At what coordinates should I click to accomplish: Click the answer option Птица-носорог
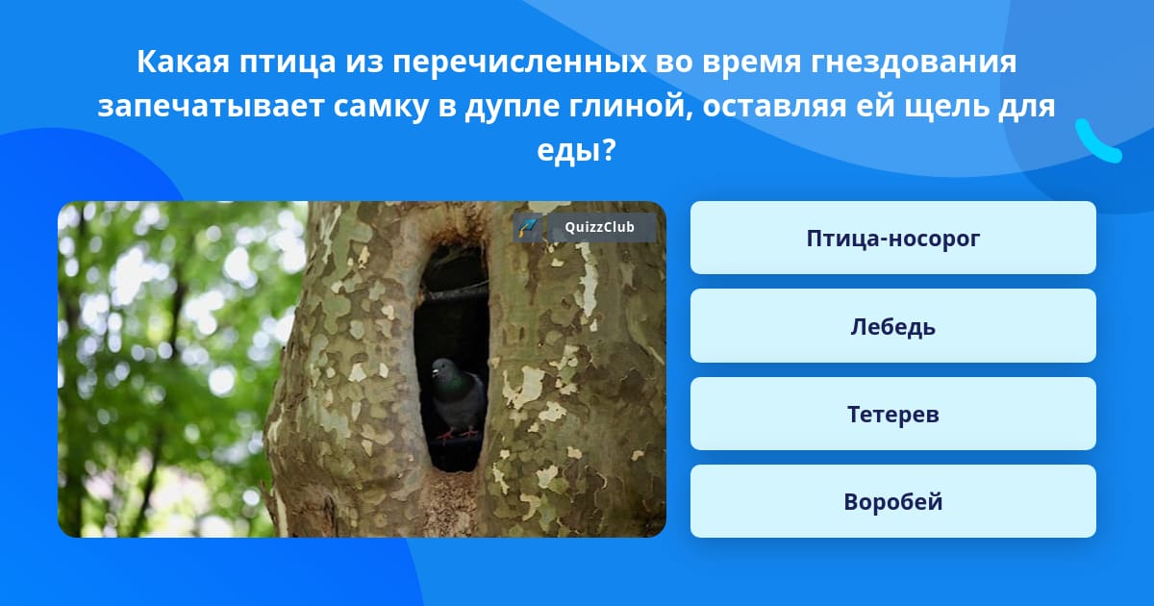(892, 238)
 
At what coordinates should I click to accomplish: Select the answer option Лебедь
(892, 326)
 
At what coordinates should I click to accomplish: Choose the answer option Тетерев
(892, 414)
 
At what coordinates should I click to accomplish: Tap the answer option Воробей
(892, 501)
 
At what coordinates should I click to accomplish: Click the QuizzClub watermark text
(599, 227)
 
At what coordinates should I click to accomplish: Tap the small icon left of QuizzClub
(528, 227)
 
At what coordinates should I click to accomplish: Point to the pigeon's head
(442, 367)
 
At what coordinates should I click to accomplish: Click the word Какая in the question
(183, 62)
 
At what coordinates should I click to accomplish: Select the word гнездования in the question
(914, 63)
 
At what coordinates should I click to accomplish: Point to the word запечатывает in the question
(211, 107)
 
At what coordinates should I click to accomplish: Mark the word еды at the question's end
(567, 151)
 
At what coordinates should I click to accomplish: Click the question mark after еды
(608, 149)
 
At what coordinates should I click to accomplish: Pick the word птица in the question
(288, 63)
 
